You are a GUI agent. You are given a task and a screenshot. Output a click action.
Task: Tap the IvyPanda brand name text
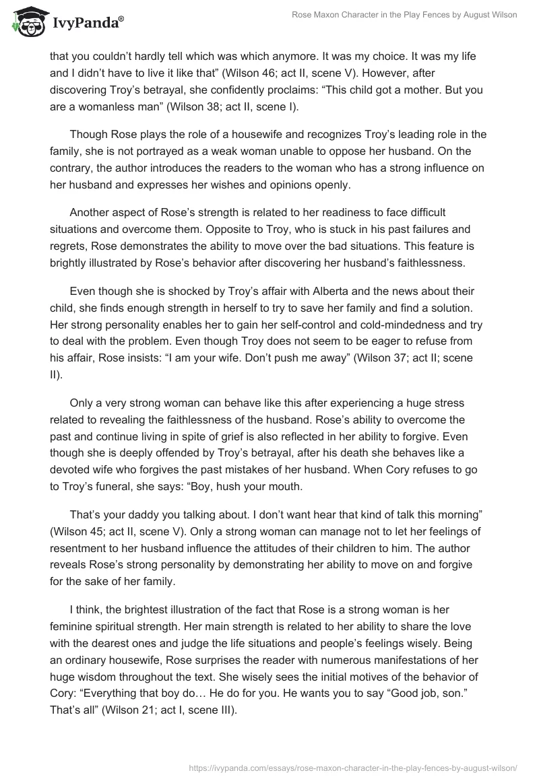tap(87, 23)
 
